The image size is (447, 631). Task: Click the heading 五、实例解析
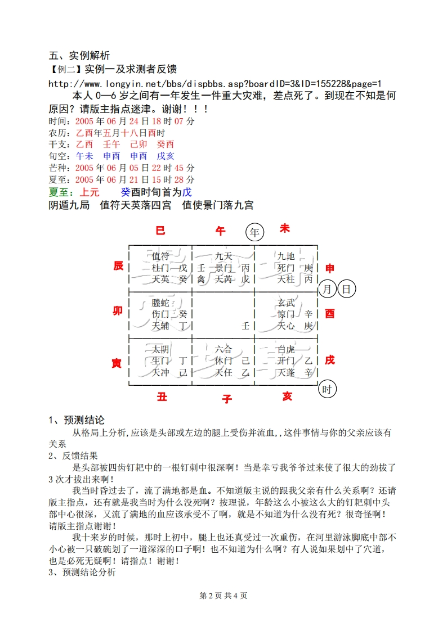[79, 56]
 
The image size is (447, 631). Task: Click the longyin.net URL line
[216, 83]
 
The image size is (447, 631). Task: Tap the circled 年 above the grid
[255, 232]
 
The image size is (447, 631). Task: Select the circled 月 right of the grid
[328, 290]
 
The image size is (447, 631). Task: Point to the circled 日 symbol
[347, 290]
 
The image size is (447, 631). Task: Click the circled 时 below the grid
[327, 389]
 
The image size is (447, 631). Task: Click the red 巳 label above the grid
[160, 231]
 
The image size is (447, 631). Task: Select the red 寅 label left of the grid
[117, 364]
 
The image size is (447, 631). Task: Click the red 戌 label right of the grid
[329, 360]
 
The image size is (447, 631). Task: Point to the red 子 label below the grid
[227, 399]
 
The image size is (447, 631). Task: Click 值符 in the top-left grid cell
[160, 256]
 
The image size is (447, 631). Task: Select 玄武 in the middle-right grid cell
[286, 303]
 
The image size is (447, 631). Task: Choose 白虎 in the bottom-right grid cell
[286, 350]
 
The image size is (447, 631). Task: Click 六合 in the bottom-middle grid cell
[223, 350]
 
